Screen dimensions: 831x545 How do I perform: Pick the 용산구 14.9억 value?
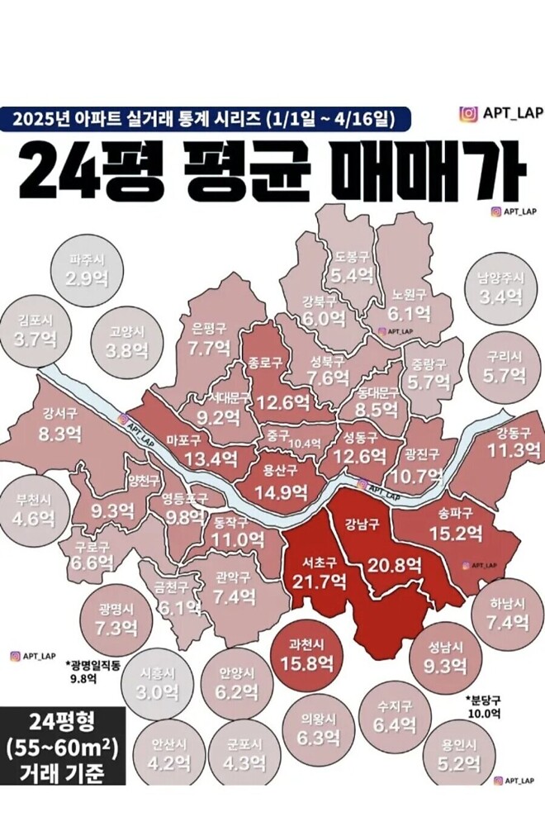point(280,492)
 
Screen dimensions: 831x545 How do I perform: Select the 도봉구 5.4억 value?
point(353,275)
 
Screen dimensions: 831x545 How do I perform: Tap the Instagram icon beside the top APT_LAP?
point(468,114)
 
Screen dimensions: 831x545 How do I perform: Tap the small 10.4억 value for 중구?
point(305,444)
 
